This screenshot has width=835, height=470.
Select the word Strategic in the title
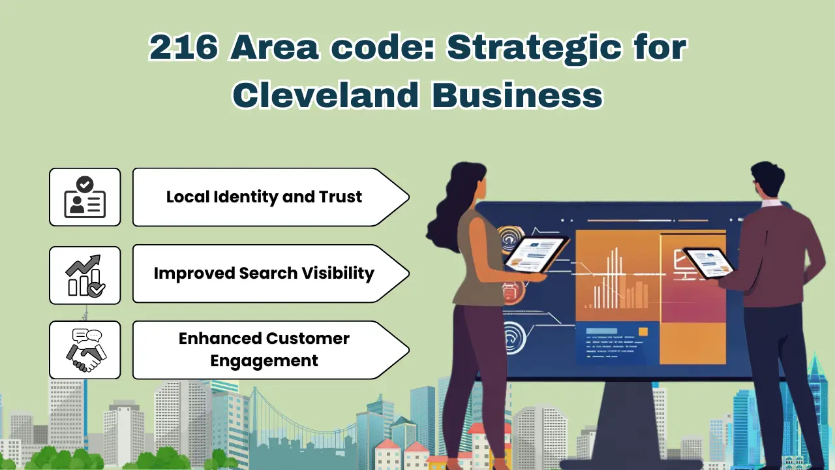click(504, 48)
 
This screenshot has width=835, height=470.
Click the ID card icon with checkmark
click(85, 197)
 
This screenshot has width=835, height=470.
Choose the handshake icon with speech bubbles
click(85, 350)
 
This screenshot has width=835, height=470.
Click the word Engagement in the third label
click(264, 360)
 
